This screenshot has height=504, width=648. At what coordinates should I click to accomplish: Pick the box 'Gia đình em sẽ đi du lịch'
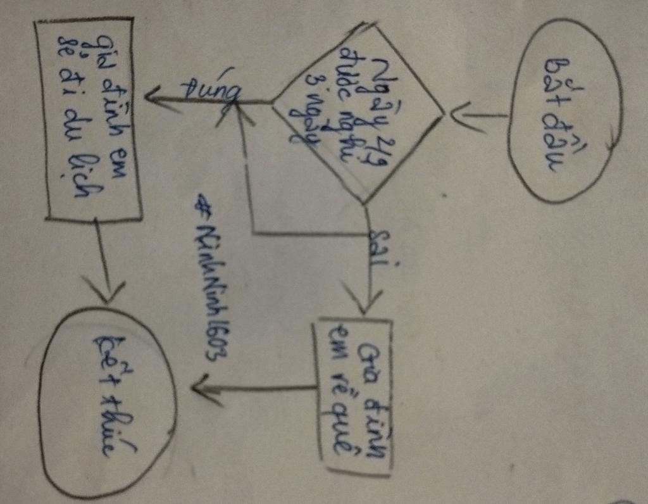click(89, 118)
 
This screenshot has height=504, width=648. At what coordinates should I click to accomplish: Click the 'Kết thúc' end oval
click(108, 402)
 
